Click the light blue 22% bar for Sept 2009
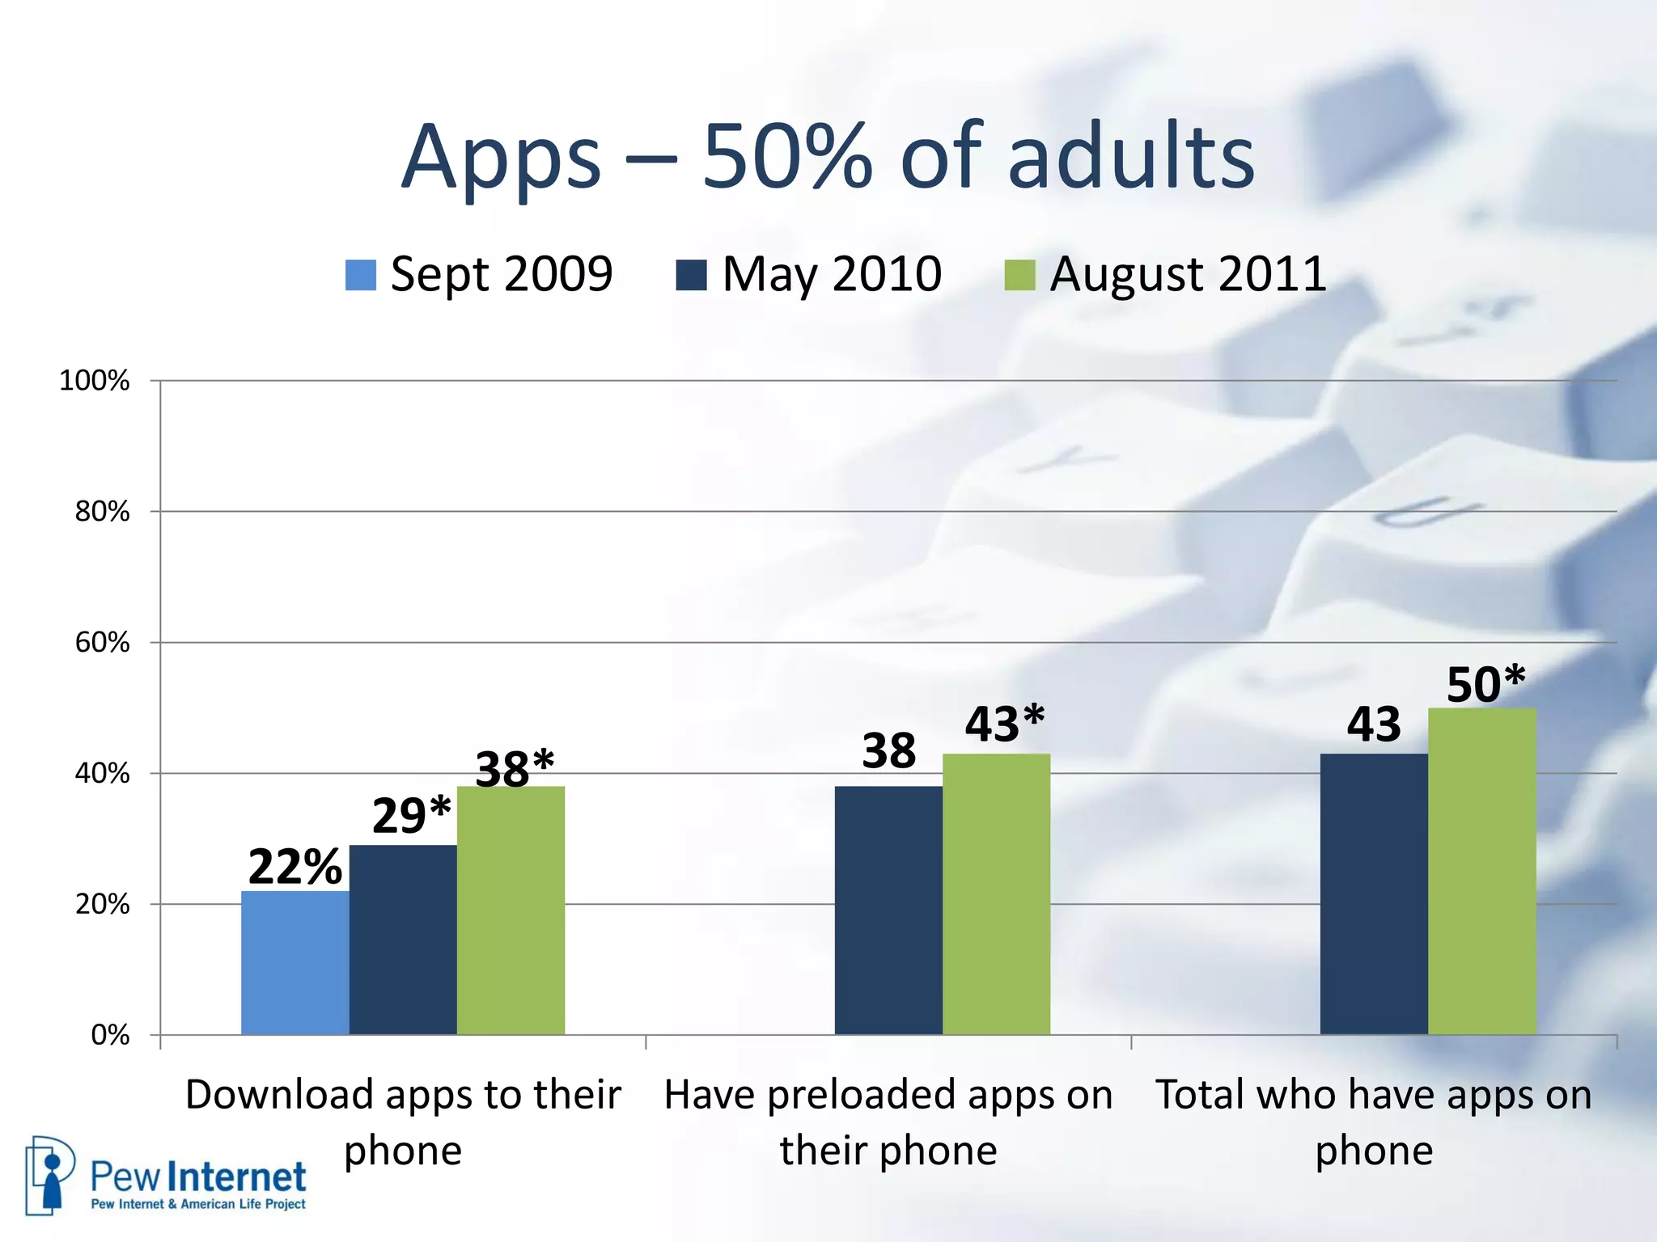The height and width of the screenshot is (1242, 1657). (295, 962)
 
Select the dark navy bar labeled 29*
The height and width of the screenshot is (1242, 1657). (403, 940)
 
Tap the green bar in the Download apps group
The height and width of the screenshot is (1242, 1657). (511, 910)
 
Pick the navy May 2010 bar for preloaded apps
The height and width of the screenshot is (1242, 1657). (888, 910)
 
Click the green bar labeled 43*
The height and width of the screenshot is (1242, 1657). (996, 893)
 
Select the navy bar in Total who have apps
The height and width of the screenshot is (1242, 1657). (1374, 893)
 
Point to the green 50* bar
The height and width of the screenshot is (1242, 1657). (1481, 871)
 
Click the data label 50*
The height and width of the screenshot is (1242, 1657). (1485, 684)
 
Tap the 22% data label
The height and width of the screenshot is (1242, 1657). (295, 867)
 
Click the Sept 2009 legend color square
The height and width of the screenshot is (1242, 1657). (361, 275)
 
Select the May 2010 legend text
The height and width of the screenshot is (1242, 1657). (832, 274)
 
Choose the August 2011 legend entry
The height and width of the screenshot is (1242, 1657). (1188, 274)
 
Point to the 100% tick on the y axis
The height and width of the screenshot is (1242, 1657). (95, 381)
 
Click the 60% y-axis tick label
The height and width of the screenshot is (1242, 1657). (102, 643)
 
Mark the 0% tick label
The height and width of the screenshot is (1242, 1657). (110, 1035)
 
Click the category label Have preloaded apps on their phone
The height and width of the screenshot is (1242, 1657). (888, 1122)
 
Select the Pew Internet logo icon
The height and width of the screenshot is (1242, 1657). (50, 1175)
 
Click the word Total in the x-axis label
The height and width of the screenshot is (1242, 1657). (1198, 1095)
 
